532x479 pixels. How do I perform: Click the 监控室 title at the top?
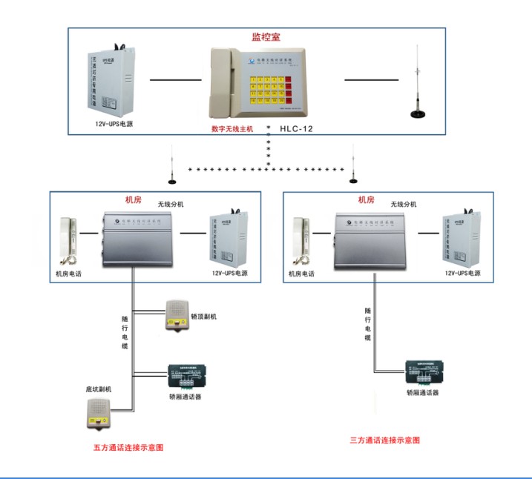pos(266,36)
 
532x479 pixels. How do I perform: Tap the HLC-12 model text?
pos(297,128)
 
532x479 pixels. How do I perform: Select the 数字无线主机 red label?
pos(232,128)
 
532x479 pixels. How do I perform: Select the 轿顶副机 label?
pos(203,317)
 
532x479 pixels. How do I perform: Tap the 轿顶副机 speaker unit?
pos(177,315)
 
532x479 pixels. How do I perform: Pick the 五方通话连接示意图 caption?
pos(128,447)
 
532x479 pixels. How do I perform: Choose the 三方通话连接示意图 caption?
pos(385,440)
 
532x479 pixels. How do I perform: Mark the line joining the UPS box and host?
pos(175,79)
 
